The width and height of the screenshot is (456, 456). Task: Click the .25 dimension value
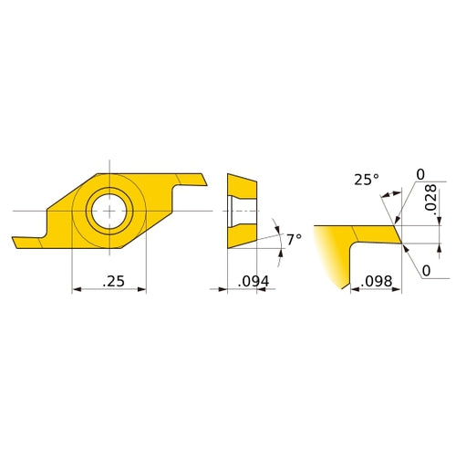113,283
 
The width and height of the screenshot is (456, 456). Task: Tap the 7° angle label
293,239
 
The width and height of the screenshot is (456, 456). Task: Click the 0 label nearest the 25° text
420,174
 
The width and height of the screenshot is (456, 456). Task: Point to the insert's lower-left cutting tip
16,243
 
